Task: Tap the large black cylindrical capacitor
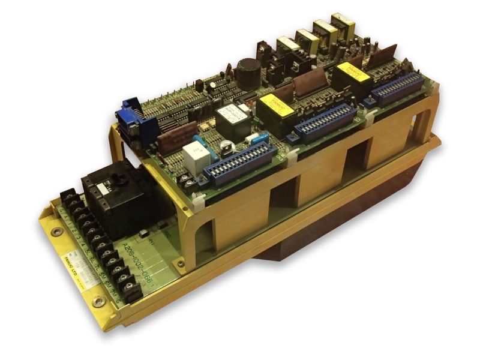pos(247,73)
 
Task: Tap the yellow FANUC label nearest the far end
pos(353,71)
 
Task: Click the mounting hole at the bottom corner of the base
pos(98,302)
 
